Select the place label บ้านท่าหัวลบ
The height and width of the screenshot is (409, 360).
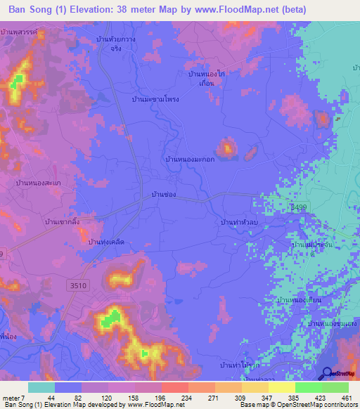(x=240, y=221)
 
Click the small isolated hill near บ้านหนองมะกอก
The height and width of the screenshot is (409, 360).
(x=227, y=148)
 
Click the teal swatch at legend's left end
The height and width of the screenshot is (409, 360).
(x=41, y=387)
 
